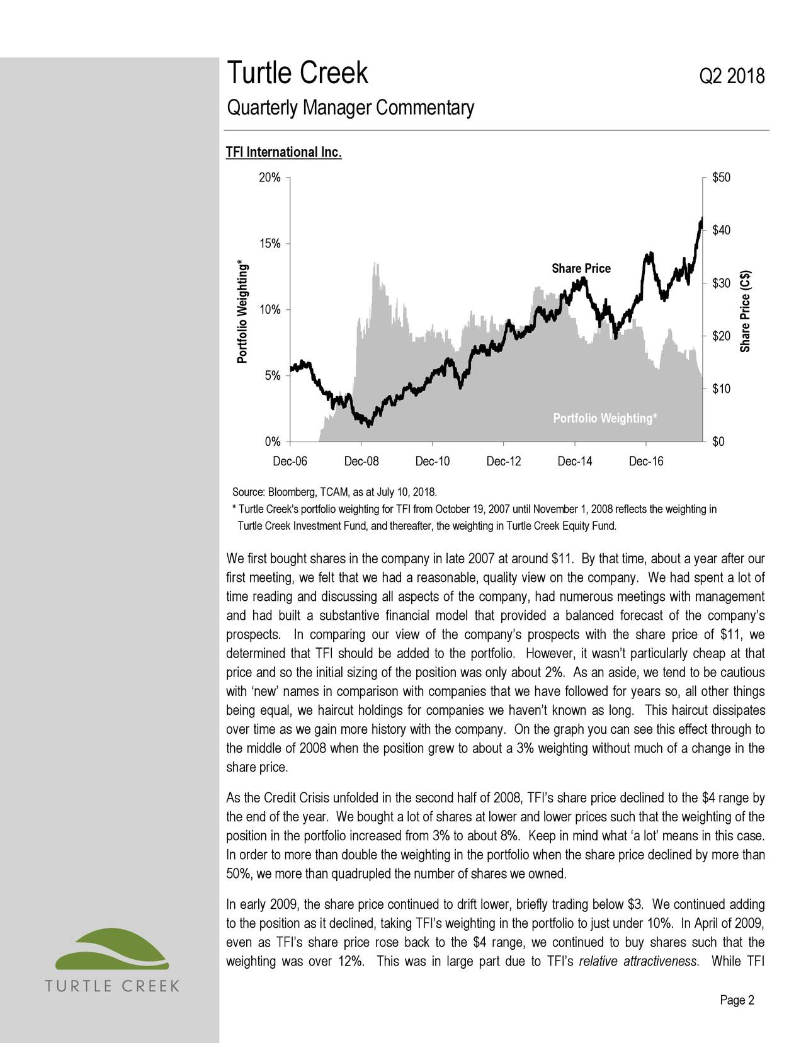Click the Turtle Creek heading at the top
[297, 74]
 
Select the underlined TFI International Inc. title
[284, 153]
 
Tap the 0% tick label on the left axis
[272, 442]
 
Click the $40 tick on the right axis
[721, 230]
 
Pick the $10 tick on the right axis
[721, 389]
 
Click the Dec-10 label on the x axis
[433, 462]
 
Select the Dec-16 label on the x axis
[646, 462]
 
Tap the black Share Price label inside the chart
[581, 269]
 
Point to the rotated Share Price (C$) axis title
[746, 311]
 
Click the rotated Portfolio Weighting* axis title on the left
[241, 311]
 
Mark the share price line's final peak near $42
[701, 219]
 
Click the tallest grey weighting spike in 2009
[376, 263]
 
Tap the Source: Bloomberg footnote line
[334, 491]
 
